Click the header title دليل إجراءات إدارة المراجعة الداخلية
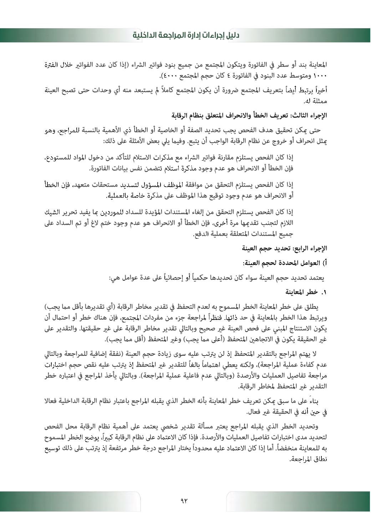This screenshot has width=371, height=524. click(185, 35)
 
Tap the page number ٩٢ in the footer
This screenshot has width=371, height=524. click(184, 500)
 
